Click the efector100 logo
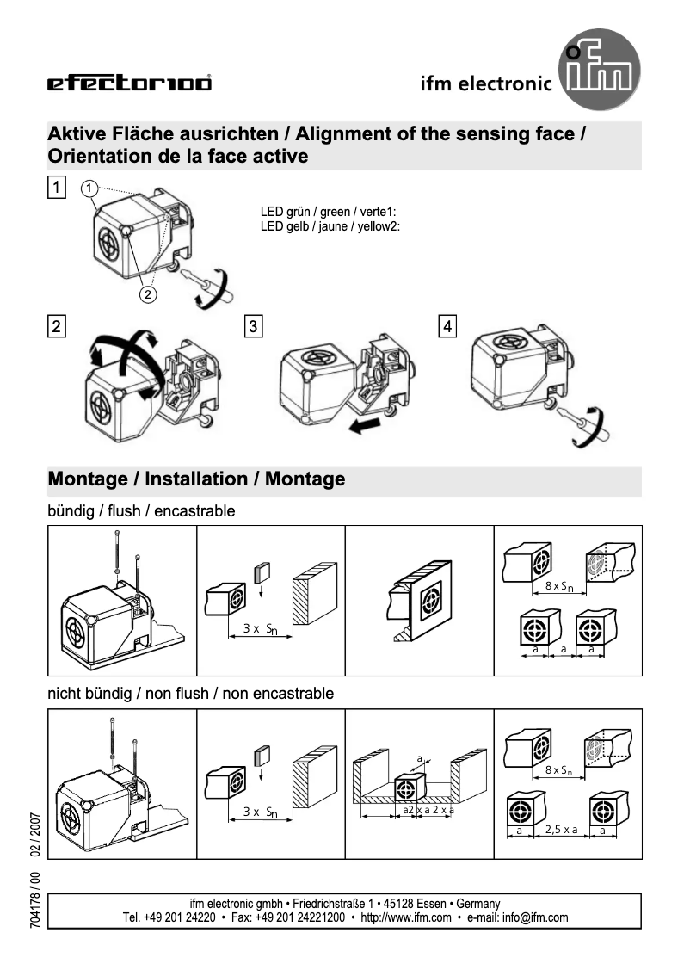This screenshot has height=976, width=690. [x=129, y=83]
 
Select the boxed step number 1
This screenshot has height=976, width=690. [x=56, y=187]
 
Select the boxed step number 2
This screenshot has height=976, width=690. [x=56, y=326]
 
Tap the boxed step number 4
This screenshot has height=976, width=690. [x=448, y=326]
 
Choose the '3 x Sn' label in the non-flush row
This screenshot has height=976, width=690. [x=259, y=812]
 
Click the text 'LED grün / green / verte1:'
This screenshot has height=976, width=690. [x=328, y=212]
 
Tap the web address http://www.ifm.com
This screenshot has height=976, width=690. [x=406, y=917]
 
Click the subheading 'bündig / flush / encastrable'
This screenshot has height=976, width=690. [x=141, y=511]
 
